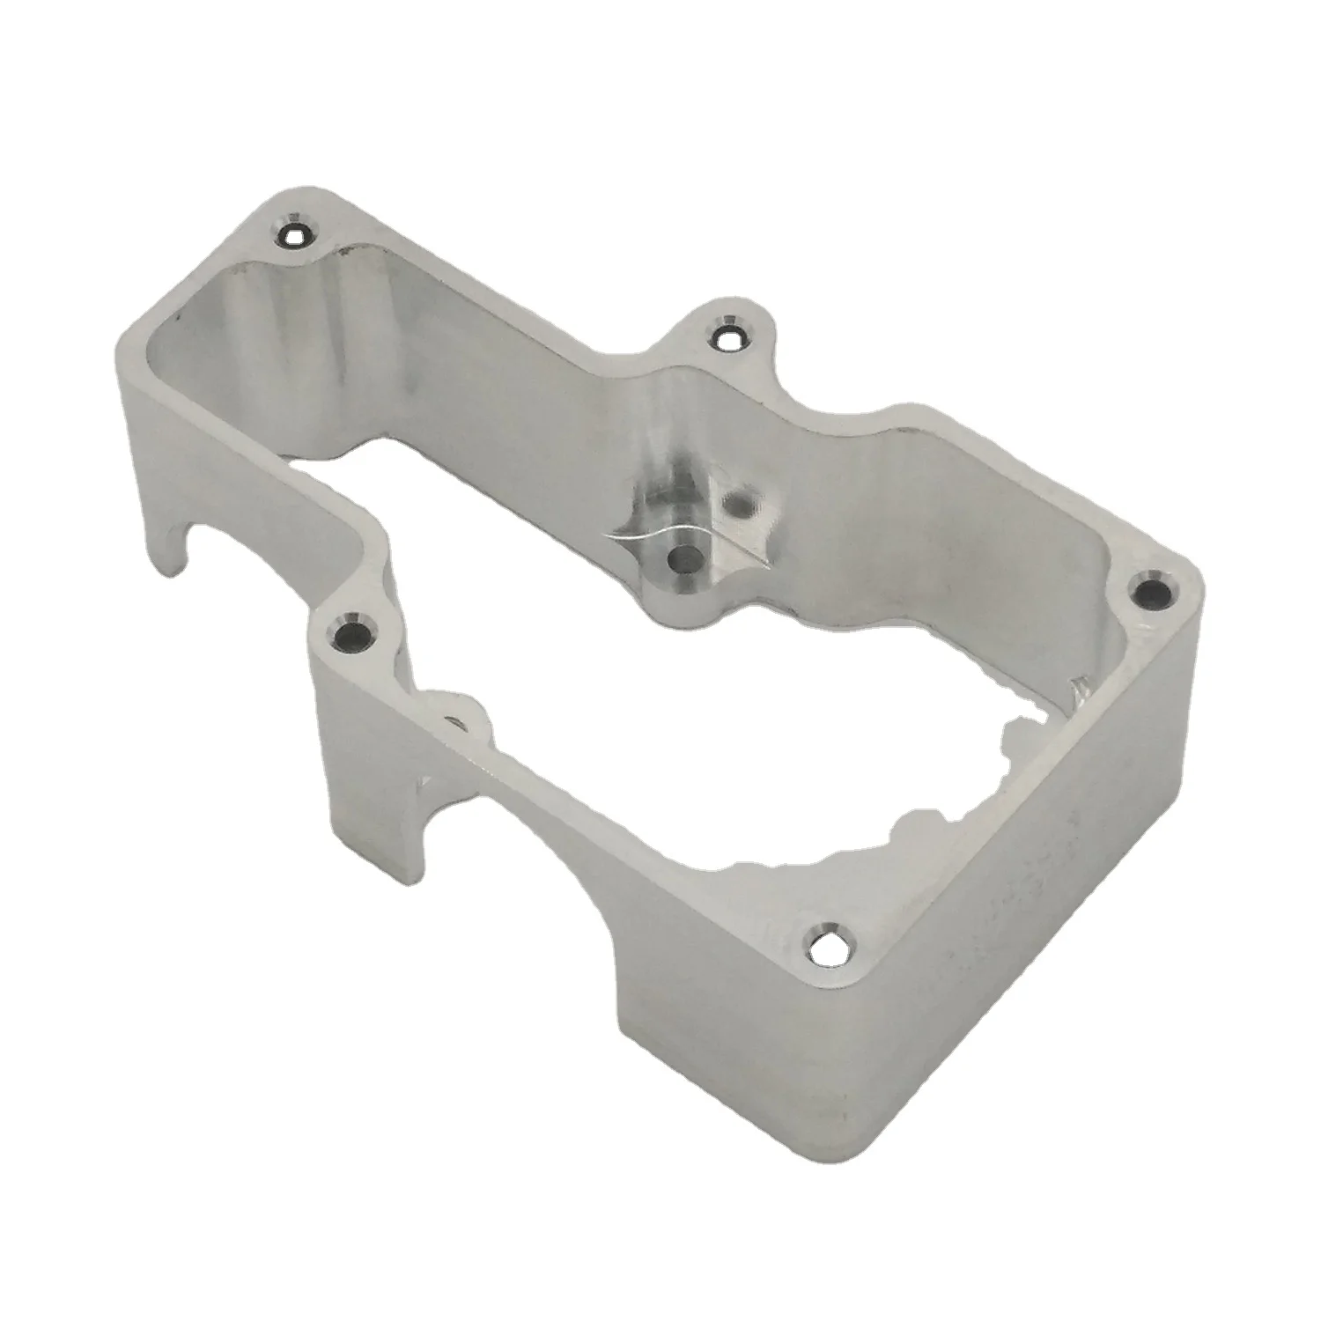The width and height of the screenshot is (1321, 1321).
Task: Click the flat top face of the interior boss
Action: [696, 528]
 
